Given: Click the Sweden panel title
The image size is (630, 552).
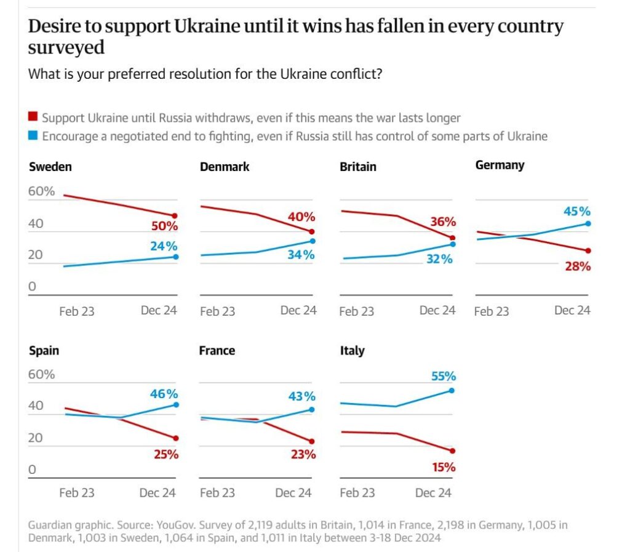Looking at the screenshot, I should (50, 167).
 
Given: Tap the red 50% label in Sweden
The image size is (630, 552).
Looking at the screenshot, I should (164, 226).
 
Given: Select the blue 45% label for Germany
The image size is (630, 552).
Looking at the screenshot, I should (576, 211).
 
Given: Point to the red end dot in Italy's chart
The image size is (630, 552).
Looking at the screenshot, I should (452, 450).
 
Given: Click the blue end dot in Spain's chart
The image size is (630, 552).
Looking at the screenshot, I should (176, 404).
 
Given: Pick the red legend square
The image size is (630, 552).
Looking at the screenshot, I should (33, 117).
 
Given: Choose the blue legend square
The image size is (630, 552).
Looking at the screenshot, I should (33, 136).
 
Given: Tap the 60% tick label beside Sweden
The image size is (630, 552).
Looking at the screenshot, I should (42, 191).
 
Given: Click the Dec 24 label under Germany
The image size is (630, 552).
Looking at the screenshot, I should (572, 310).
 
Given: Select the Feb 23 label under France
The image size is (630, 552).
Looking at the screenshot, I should (217, 493).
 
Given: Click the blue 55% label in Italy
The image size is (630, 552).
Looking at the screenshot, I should (442, 376).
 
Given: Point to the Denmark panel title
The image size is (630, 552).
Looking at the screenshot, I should (225, 167).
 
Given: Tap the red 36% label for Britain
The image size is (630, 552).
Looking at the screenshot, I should (443, 222).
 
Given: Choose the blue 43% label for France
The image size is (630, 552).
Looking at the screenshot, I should (302, 396).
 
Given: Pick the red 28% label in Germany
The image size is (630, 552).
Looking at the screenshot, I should (578, 266).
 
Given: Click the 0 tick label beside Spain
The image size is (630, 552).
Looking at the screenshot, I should (32, 470).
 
